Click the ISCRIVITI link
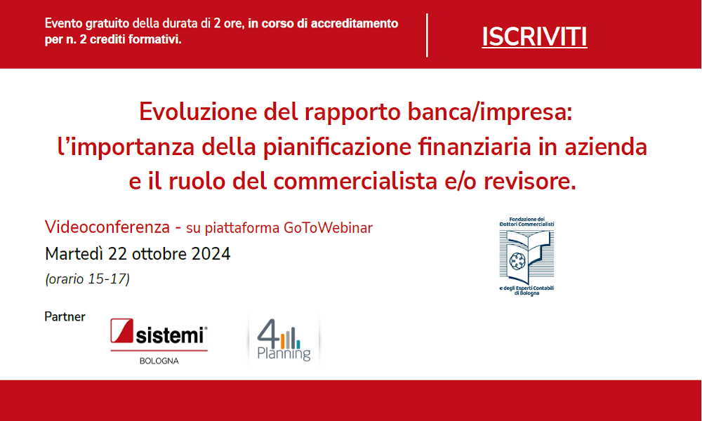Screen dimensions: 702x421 (534, 37)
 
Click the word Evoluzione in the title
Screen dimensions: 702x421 (197, 112)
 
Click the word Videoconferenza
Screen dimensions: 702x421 (107, 227)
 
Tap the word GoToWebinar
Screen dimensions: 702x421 (328, 228)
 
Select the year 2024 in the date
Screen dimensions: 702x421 (211, 254)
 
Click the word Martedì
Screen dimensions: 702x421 (74, 254)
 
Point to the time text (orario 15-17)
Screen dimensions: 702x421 (87, 279)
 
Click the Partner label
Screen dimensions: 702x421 (65, 316)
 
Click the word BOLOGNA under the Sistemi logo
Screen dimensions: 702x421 (159, 361)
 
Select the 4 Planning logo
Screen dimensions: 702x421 (284, 340)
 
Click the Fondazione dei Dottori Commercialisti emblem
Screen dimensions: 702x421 (526, 256)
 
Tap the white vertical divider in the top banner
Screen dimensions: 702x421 (427, 35)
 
